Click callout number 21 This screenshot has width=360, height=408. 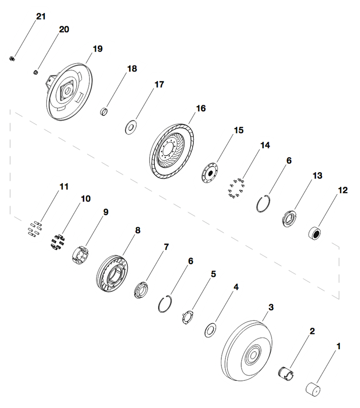[41, 17]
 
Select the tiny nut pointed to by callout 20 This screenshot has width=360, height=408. [36, 72]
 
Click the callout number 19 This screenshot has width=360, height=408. [97, 49]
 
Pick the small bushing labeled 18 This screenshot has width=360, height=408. [105, 112]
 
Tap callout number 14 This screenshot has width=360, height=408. [265, 146]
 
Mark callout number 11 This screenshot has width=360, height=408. [64, 186]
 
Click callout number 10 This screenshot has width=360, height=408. [86, 198]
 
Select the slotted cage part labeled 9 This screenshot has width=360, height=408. [81, 254]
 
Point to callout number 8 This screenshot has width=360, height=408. [138, 230]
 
